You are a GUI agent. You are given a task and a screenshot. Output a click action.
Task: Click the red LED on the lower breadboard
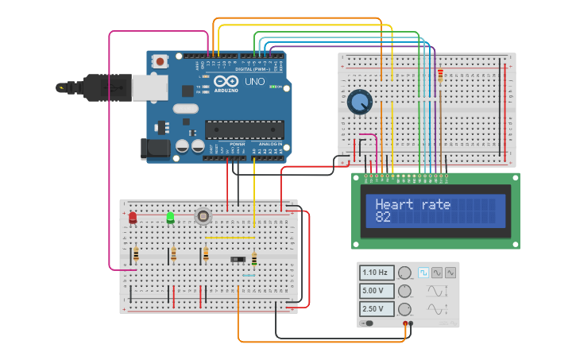[133, 216]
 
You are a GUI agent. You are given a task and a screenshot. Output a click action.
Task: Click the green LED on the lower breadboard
[170, 216]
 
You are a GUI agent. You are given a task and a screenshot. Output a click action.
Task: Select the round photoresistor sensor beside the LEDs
[203, 215]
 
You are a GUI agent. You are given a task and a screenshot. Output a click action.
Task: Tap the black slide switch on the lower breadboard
[238, 259]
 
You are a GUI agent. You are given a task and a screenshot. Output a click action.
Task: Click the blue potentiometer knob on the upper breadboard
[359, 102]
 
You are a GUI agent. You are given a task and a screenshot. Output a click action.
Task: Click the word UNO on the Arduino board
[254, 81]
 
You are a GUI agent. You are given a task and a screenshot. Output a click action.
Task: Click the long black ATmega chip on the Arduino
[244, 130]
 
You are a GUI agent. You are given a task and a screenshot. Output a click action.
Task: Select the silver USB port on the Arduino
[150, 87]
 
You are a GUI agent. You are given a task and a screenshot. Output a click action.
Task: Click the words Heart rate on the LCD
[412, 204]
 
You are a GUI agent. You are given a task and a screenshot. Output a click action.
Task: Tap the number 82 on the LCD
[383, 217]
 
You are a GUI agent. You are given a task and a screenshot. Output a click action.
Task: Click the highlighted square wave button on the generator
[423, 273]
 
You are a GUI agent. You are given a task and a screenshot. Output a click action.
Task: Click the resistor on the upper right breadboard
[440, 75]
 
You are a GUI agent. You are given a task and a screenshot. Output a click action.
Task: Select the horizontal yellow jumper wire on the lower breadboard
[230, 237]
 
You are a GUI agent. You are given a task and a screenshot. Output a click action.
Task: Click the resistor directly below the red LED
[136, 254]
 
